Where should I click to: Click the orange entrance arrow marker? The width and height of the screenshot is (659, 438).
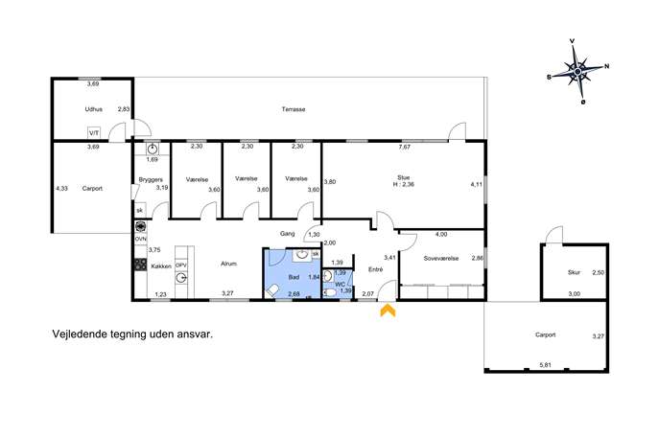click(388, 311)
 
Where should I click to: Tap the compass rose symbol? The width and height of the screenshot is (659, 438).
click(577, 72)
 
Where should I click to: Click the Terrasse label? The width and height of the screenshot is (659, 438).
click(294, 109)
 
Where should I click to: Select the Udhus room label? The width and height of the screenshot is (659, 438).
click(93, 109)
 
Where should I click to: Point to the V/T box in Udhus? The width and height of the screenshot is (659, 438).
click(94, 132)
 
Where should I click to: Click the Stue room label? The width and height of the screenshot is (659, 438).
click(403, 177)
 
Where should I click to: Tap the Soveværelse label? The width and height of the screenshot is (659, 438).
click(441, 259)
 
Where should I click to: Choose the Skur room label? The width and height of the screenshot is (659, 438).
click(574, 272)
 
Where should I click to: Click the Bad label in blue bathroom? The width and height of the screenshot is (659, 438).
click(294, 277)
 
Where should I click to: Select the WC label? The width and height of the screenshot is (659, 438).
click(340, 285)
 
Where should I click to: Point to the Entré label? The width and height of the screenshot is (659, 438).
click(375, 269)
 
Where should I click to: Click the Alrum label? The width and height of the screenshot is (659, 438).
click(228, 264)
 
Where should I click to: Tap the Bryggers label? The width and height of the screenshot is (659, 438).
click(151, 180)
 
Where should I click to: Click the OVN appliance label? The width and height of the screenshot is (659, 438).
click(141, 239)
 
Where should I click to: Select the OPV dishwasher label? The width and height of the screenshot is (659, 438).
click(180, 265)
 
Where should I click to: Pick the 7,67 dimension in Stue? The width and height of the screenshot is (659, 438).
click(404, 147)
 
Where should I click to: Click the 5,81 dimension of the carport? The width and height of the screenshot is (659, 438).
click(545, 365)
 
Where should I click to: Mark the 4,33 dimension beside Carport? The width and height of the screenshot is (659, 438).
click(61, 189)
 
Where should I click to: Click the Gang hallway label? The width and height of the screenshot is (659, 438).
click(288, 234)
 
